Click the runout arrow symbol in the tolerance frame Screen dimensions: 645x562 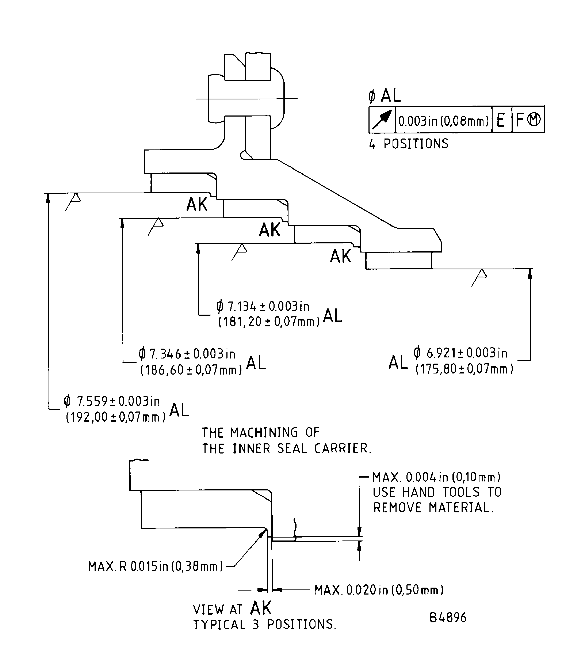(x=382, y=119)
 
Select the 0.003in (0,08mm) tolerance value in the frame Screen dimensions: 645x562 (x=443, y=121)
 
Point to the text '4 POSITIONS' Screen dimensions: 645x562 (x=409, y=144)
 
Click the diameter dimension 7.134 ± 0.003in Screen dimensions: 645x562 (x=263, y=306)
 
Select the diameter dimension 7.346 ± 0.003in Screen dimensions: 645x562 (x=187, y=354)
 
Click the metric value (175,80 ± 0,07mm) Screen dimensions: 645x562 (x=464, y=369)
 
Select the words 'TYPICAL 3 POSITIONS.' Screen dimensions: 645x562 (x=265, y=625)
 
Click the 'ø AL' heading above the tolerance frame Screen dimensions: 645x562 (x=385, y=96)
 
